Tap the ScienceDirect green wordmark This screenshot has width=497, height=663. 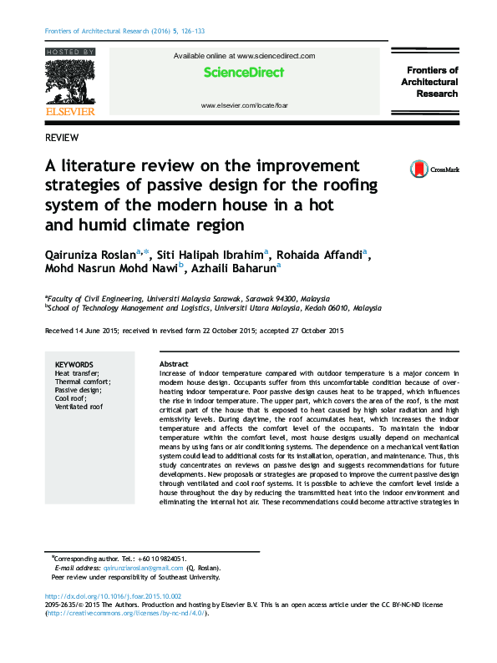click(x=244, y=73)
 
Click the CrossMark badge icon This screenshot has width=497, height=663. click(x=418, y=170)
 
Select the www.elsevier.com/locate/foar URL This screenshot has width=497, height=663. click(x=244, y=106)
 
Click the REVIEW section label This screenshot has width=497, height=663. click(x=63, y=137)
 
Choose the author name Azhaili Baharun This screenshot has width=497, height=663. click(x=236, y=269)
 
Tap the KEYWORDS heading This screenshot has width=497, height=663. click(x=74, y=365)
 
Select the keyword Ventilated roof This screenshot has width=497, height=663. click(x=79, y=407)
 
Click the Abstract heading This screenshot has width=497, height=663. click(x=174, y=365)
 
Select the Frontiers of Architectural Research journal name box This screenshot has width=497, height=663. click(x=429, y=82)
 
